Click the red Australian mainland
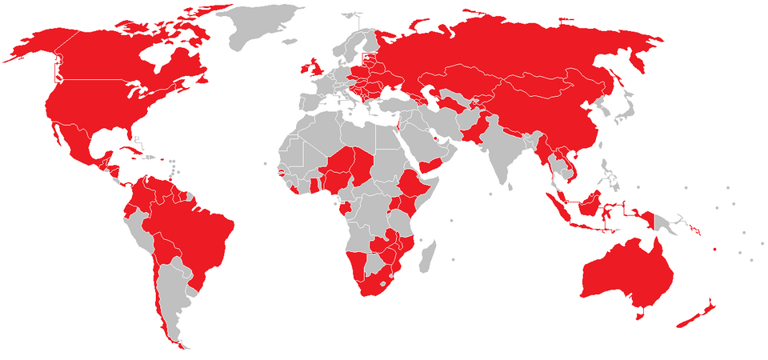624,272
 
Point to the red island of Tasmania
639,314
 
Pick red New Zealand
694,317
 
